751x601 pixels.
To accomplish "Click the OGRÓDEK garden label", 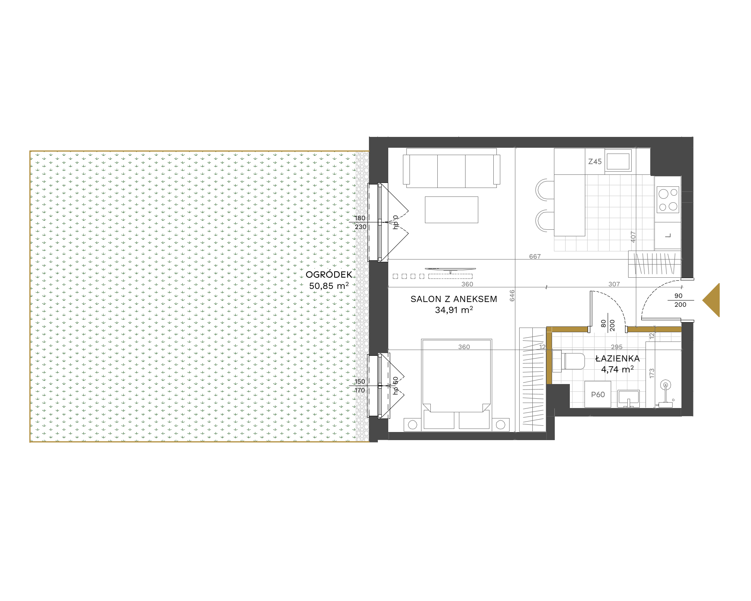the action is [329, 275].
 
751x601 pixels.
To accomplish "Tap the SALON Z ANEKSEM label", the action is [454, 299].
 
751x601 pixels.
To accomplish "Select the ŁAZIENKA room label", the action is [617, 359].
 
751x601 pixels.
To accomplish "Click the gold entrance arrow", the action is [711, 300].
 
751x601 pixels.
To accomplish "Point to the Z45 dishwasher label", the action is [595, 162].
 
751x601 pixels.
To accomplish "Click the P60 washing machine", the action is [598, 394].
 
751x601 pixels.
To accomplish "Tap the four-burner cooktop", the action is [668, 200].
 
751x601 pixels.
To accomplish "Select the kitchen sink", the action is [618, 161].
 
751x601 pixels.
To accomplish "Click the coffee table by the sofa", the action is [451, 210].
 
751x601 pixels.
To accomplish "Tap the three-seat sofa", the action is [451, 168].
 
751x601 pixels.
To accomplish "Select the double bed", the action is [457, 384].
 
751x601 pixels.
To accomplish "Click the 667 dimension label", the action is [535, 256].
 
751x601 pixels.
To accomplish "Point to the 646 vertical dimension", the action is [512, 296].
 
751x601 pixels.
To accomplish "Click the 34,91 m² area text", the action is [454, 310].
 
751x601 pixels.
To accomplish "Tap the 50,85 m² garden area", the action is [329, 286].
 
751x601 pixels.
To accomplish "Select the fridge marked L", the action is [668, 236].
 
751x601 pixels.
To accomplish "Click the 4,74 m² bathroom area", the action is [617, 369].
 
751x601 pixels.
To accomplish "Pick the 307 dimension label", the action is [614, 284].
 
